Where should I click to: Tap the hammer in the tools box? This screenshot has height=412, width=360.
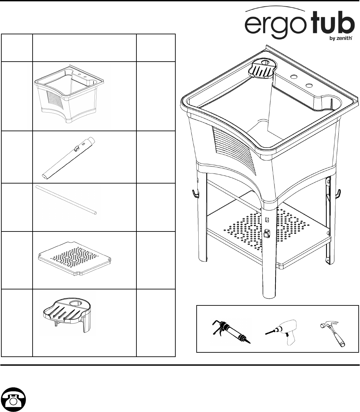tap(333, 332)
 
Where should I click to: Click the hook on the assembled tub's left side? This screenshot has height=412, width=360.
tap(195, 193)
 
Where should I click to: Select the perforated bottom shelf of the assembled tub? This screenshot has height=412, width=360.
tap(266, 233)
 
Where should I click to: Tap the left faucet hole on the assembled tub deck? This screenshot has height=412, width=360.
tap(294, 77)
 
